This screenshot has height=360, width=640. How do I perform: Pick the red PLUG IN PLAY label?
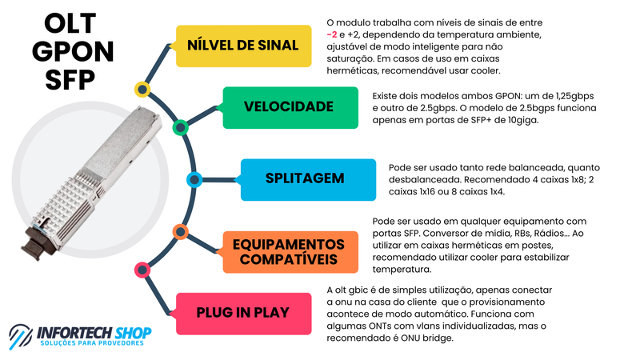tap(242, 313)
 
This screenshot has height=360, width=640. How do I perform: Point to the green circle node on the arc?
tap(180, 126)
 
